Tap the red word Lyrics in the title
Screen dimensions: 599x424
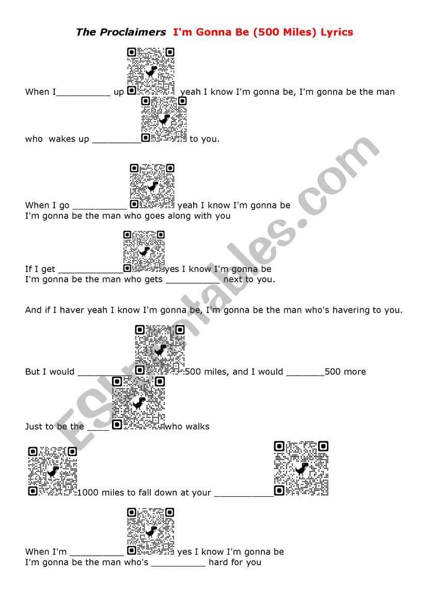tap(337, 33)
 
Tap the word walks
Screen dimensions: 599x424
tap(197, 427)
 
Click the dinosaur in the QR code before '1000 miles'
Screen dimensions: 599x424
tap(53, 472)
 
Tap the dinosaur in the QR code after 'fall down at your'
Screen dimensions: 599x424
tap(301, 468)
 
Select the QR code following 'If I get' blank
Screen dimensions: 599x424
tap(144, 252)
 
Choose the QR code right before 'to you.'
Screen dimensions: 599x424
tap(164, 119)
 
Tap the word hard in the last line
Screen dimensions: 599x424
tap(218, 562)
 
